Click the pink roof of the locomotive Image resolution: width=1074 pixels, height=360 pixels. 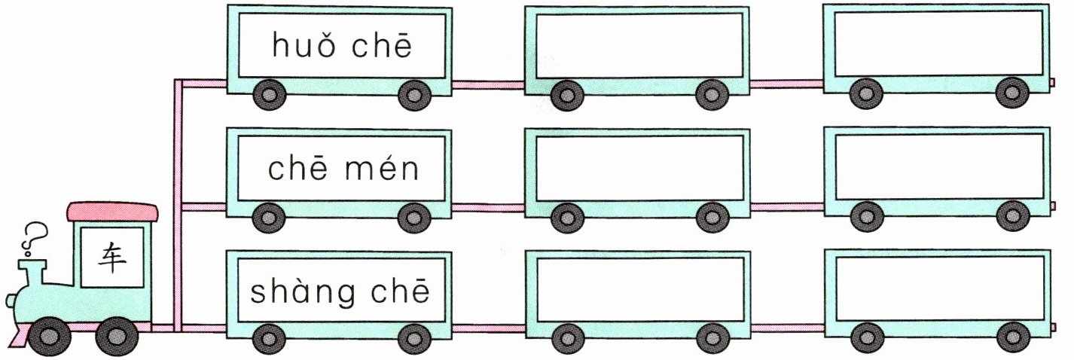pyautogui.click(x=113, y=212)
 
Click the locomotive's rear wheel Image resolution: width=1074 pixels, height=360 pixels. pyautogui.click(x=114, y=336)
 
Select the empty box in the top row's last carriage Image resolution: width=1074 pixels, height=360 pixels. pyautogui.click(x=938, y=44)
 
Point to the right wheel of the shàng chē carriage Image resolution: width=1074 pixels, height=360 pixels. pyautogui.click(x=413, y=338)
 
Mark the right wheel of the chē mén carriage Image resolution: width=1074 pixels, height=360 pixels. pyautogui.click(x=413, y=217)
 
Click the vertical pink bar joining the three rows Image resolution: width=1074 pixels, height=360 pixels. pyautogui.click(x=178, y=203)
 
